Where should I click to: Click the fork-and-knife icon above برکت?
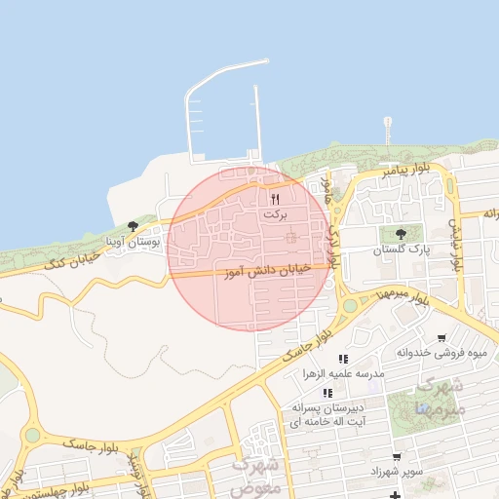pos(275,199)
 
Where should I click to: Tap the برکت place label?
pos(276,214)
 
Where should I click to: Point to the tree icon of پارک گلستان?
pos(401,234)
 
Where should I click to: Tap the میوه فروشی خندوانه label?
pos(441,353)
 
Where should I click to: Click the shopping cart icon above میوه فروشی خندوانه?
pos(441,338)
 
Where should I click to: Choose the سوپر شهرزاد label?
pos(396,472)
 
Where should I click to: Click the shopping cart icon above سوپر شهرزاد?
pos(396,457)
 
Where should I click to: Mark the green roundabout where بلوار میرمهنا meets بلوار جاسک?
pos(350,305)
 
